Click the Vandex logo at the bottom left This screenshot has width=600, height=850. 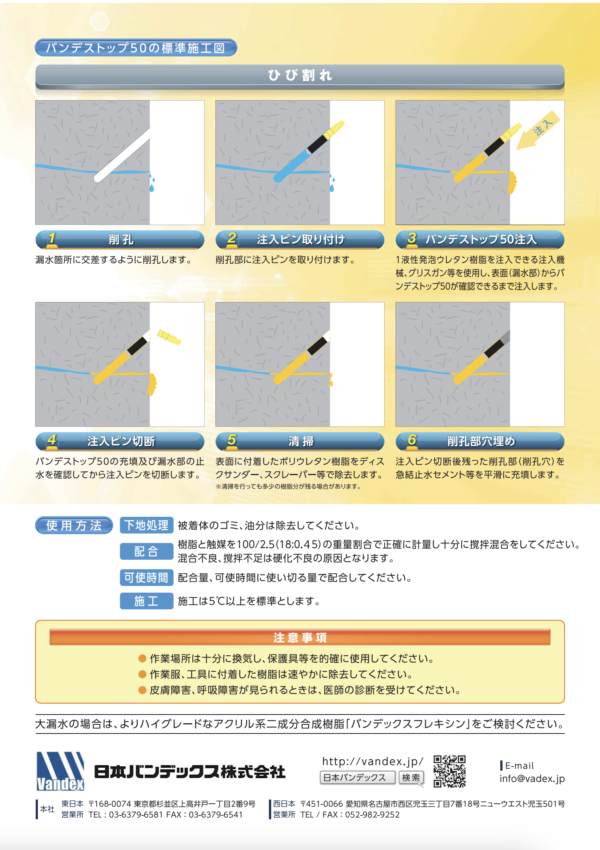coord(60,771)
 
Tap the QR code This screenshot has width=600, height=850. coord(449,771)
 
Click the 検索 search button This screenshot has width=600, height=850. coord(411,778)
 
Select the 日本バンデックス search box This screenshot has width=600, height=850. coord(357,778)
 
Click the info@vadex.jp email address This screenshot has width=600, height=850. coord(532,779)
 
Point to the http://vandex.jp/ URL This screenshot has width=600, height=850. coord(372,761)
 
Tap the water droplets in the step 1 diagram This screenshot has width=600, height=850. coord(152,184)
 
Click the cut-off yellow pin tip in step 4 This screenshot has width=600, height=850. coord(169,337)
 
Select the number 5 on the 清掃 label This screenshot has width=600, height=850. coord(232,440)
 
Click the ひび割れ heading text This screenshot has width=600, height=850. coord(300,75)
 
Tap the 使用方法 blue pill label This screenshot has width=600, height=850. coord(74,526)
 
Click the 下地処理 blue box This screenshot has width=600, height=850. coord(146,525)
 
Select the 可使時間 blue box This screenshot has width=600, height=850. coord(146,578)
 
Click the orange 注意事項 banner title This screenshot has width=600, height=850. coord(300,637)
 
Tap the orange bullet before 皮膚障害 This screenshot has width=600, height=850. coord(142,690)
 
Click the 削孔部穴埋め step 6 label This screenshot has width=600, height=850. coord(481,441)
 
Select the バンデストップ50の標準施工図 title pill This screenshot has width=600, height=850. coord(136,48)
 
